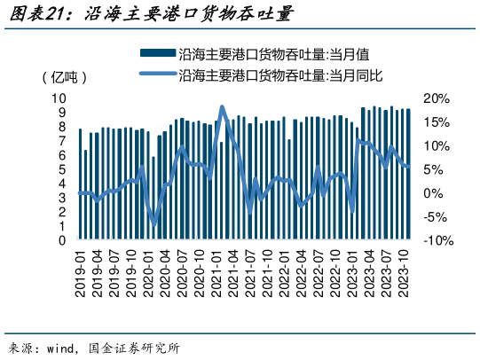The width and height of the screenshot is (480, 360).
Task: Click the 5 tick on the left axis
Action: [x=62, y=169]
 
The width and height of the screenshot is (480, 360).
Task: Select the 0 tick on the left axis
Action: [x=62, y=240]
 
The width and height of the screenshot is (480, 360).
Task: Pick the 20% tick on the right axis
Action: [x=439, y=98]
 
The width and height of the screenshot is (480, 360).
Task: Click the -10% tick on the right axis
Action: [x=439, y=240]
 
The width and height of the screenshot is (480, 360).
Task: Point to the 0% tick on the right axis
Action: [x=436, y=193]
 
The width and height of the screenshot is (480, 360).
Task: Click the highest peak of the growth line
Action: [x=222, y=107]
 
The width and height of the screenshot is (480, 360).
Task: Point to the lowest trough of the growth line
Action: [x=154, y=225]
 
